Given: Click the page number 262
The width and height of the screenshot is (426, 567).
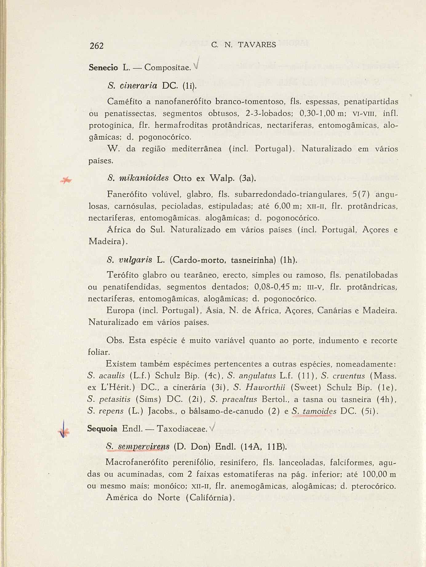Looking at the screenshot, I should point(97,46).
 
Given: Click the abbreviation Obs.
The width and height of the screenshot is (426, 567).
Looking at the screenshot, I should point(115,341).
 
